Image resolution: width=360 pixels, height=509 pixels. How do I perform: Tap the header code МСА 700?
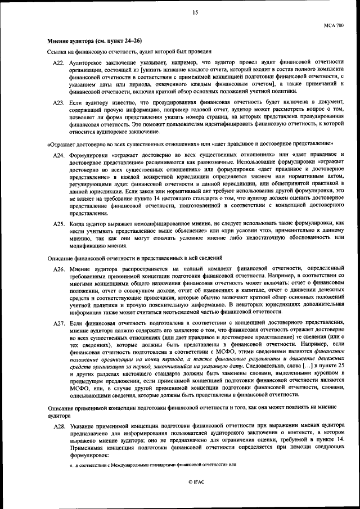pos(333,25)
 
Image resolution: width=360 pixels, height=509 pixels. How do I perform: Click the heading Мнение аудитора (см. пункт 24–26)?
pos(94,40)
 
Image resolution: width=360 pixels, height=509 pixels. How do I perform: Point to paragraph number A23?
pos(59,102)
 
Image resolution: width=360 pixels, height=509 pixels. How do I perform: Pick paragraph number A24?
pos(59,155)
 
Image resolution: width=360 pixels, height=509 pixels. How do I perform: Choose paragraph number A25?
pos(59,223)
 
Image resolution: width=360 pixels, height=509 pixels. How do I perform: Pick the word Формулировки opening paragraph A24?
pos(89,155)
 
